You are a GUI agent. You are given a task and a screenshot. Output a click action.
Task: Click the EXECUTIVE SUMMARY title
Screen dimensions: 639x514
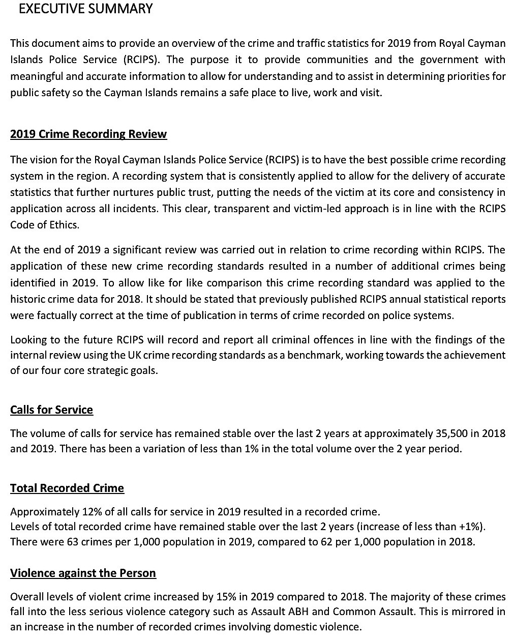click(x=85, y=9)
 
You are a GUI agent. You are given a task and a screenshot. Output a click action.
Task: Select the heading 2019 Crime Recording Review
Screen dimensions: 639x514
click(x=88, y=134)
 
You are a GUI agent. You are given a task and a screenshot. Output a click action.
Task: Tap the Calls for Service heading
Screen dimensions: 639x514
click(x=51, y=410)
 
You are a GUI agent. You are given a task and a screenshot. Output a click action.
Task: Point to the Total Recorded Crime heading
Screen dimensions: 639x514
click(x=67, y=488)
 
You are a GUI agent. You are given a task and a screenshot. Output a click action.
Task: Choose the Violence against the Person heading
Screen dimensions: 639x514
click(x=83, y=573)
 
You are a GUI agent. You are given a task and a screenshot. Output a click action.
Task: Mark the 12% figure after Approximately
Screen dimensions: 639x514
click(x=90, y=512)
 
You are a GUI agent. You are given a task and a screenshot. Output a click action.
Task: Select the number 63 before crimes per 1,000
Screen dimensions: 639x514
click(x=72, y=542)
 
